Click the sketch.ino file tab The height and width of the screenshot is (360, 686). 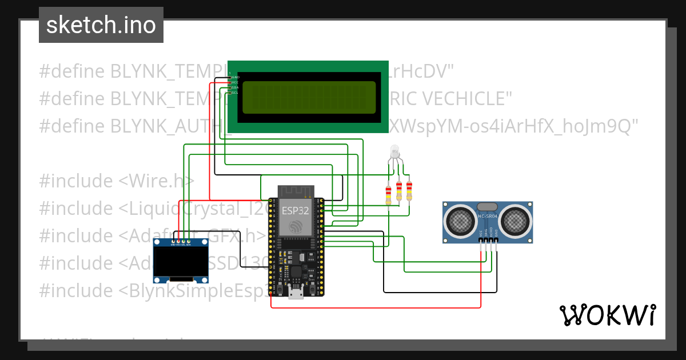point(101,25)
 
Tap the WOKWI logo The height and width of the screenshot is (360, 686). point(607,315)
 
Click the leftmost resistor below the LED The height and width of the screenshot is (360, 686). point(389,193)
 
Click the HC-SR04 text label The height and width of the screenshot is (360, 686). point(488,216)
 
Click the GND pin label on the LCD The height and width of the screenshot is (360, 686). point(234,77)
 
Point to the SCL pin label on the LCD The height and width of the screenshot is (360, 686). point(234,93)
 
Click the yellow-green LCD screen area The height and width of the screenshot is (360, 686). point(309,97)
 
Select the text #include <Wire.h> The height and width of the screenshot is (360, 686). point(117,181)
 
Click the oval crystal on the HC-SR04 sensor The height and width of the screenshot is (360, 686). point(487,206)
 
